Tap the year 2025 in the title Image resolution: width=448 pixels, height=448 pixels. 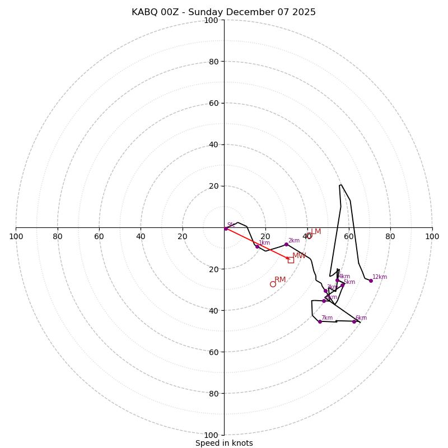click(x=303, y=12)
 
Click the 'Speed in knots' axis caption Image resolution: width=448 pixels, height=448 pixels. click(x=224, y=443)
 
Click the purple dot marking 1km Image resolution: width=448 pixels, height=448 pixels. click(x=257, y=246)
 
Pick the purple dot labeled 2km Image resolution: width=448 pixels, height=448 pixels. click(x=286, y=244)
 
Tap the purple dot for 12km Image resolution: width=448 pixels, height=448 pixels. click(x=370, y=281)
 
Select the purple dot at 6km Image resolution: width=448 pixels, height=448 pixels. click(x=354, y=321)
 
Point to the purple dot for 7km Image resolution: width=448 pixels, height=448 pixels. click(x=320, y=321)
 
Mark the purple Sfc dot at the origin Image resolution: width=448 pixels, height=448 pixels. click(x=226, y=228)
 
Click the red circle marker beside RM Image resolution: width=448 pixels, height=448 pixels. click(x=273, y=284)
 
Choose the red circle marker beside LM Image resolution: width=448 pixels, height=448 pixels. click(x=309, y=236)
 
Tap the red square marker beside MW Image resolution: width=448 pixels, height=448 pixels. click(x=291, y=260)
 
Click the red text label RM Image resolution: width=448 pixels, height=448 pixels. click(x=280, y=279)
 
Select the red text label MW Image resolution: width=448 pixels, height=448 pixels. click(x=299, y=256)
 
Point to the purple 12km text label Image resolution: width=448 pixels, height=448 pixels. click(x=380, y=277)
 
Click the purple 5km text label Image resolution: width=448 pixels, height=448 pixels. click(x=349, y=282)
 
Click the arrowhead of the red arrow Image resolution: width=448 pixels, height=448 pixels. click(x=288, y=259)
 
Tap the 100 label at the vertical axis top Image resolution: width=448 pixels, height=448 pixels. click(x=211, y=20)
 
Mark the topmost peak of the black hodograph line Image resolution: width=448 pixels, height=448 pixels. click(x=340, y=185)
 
